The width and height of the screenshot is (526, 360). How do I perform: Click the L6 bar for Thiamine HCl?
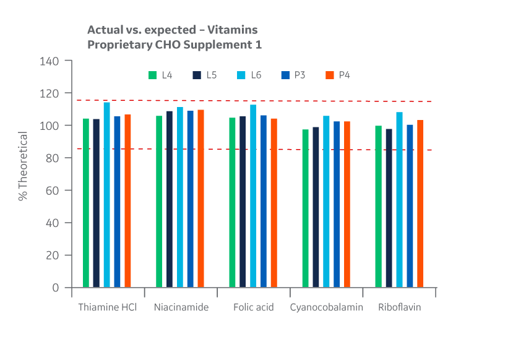coord(106,195)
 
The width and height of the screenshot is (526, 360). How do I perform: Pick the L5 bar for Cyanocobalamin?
coord(316,207)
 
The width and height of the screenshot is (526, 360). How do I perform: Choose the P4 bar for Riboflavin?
coord(420,204)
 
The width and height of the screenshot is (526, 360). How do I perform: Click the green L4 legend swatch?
coord(152,75)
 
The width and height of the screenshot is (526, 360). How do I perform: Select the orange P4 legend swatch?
coord(329,75)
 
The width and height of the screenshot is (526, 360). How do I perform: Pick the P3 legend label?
coord(300,75)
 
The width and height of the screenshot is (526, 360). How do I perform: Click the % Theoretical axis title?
coord(23,166)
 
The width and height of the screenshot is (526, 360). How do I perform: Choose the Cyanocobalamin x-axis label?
coord(326,307)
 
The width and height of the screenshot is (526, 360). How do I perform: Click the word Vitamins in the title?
coord(233,30)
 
